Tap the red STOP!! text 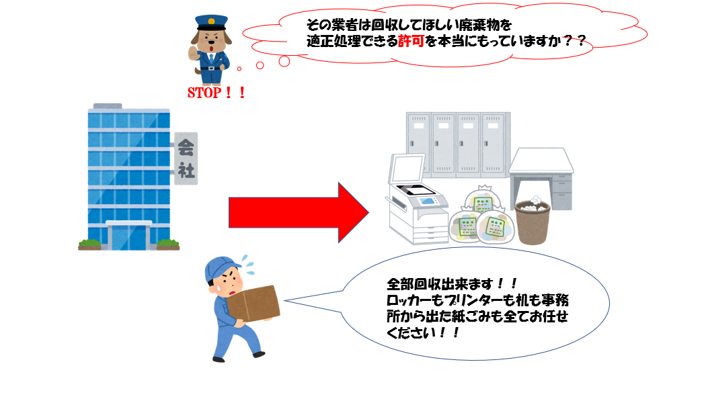pos(215,93)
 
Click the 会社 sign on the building pos(186,158)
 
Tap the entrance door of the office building pos(128,234)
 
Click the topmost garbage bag pos(482,202)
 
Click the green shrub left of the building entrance pos(89,244)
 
